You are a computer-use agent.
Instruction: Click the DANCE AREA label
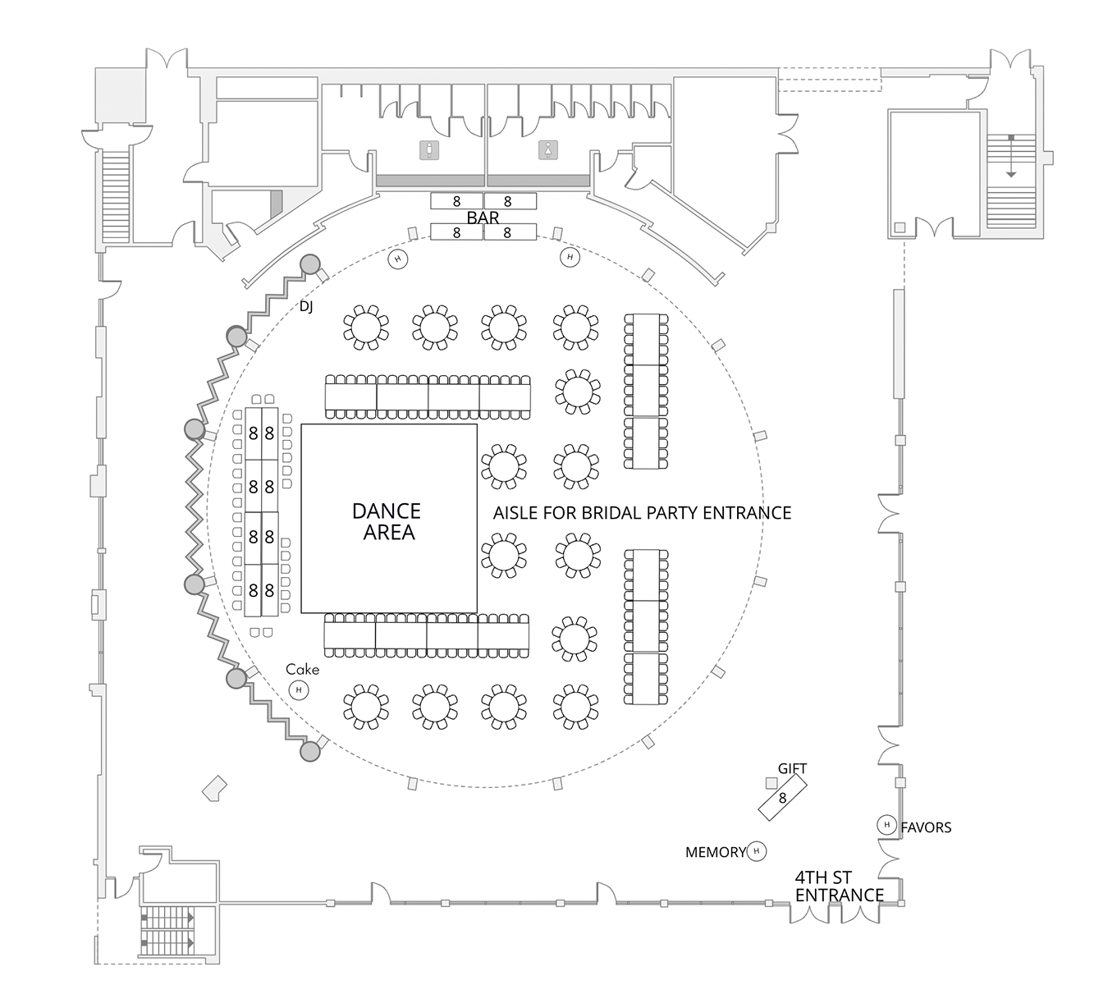(387, 521)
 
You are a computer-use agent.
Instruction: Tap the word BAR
(483, 218)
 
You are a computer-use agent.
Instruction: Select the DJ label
(306, 306)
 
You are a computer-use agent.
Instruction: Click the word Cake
(302, 669)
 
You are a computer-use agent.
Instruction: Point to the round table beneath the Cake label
(299, 690)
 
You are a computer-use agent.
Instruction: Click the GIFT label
(792, 768)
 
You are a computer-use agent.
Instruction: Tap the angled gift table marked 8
(782, 798)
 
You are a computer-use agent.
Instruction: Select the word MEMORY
(715, 853)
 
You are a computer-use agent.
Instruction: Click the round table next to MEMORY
(756, 851)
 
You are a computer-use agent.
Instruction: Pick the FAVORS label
(926, 827)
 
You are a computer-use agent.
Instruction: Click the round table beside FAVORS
(886, 824)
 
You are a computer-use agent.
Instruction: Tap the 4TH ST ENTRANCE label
(839, 886)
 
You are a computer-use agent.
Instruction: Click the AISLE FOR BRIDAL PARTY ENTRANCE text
(642, 513)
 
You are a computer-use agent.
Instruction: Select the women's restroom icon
(547, 150)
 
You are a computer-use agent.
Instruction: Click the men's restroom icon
(429, 150)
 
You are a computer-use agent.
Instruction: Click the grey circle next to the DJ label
(309, 263)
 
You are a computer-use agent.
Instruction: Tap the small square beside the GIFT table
(771, 782)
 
